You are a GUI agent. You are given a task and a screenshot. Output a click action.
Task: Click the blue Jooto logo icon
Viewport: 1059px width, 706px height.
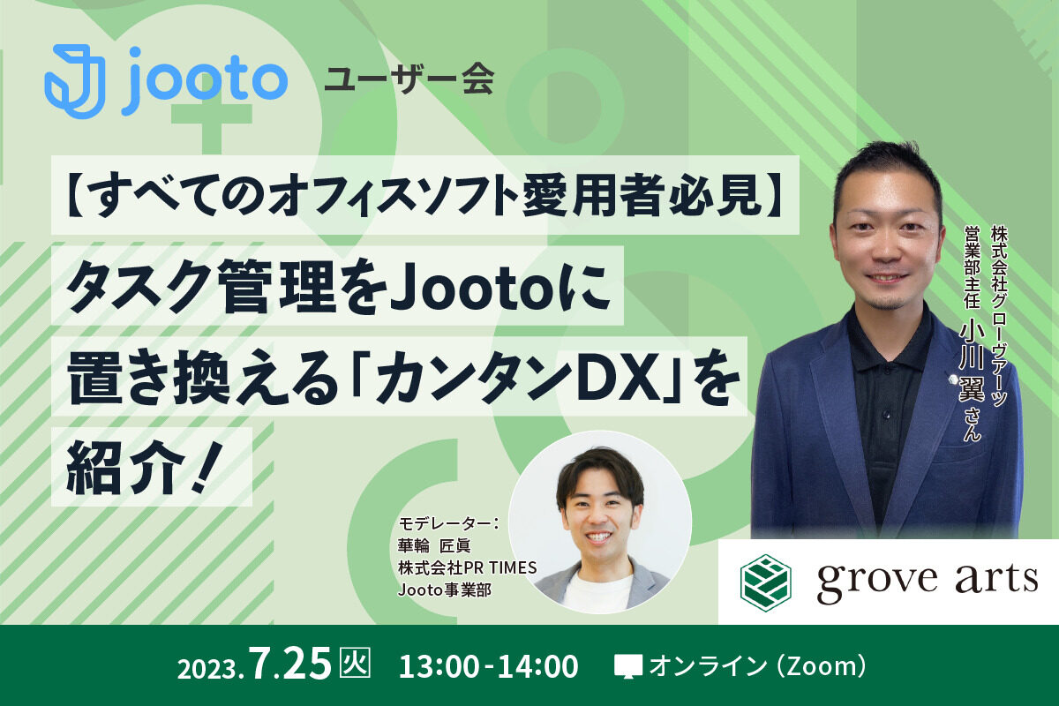[75, 81]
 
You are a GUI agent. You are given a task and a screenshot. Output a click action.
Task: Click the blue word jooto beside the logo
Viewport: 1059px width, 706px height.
[204, 81]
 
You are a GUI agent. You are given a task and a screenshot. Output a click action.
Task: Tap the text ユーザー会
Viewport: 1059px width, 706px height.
[409, 79]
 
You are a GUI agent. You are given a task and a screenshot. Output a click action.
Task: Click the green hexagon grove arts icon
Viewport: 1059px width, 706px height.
[765, 582]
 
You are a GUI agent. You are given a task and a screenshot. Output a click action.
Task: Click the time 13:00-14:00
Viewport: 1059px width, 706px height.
[488, 666]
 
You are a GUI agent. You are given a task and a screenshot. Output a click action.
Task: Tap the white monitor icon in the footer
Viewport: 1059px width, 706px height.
[627, 666]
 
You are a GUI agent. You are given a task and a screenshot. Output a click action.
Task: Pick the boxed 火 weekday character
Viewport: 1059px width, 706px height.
[355, 662]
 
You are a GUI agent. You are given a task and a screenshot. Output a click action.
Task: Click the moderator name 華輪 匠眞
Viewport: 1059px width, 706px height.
[434, 546]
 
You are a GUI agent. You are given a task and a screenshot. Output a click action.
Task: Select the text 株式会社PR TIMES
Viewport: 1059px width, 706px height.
[468, 567]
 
